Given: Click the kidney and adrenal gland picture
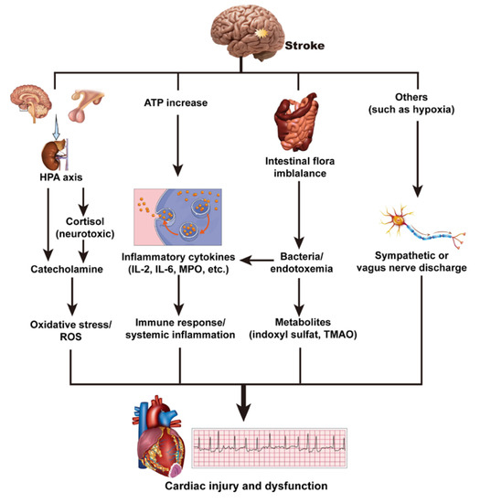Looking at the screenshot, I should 46,147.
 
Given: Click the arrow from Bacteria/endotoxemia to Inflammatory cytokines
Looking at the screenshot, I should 257,261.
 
